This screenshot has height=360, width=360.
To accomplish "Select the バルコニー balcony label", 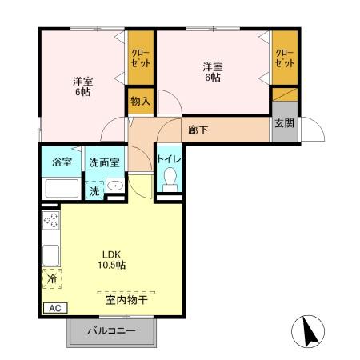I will [111, 330].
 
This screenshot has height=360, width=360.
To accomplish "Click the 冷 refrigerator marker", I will [51, 279].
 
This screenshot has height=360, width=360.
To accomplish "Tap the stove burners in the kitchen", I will [50, 222].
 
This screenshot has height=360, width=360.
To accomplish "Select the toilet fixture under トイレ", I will [169, 183].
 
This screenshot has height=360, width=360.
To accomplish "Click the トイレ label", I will [169, 160].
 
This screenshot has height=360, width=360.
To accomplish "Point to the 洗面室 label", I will [104, 162].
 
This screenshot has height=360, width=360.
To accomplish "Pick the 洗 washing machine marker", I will [94, 191].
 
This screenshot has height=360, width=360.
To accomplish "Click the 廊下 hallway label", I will [198, 129].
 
